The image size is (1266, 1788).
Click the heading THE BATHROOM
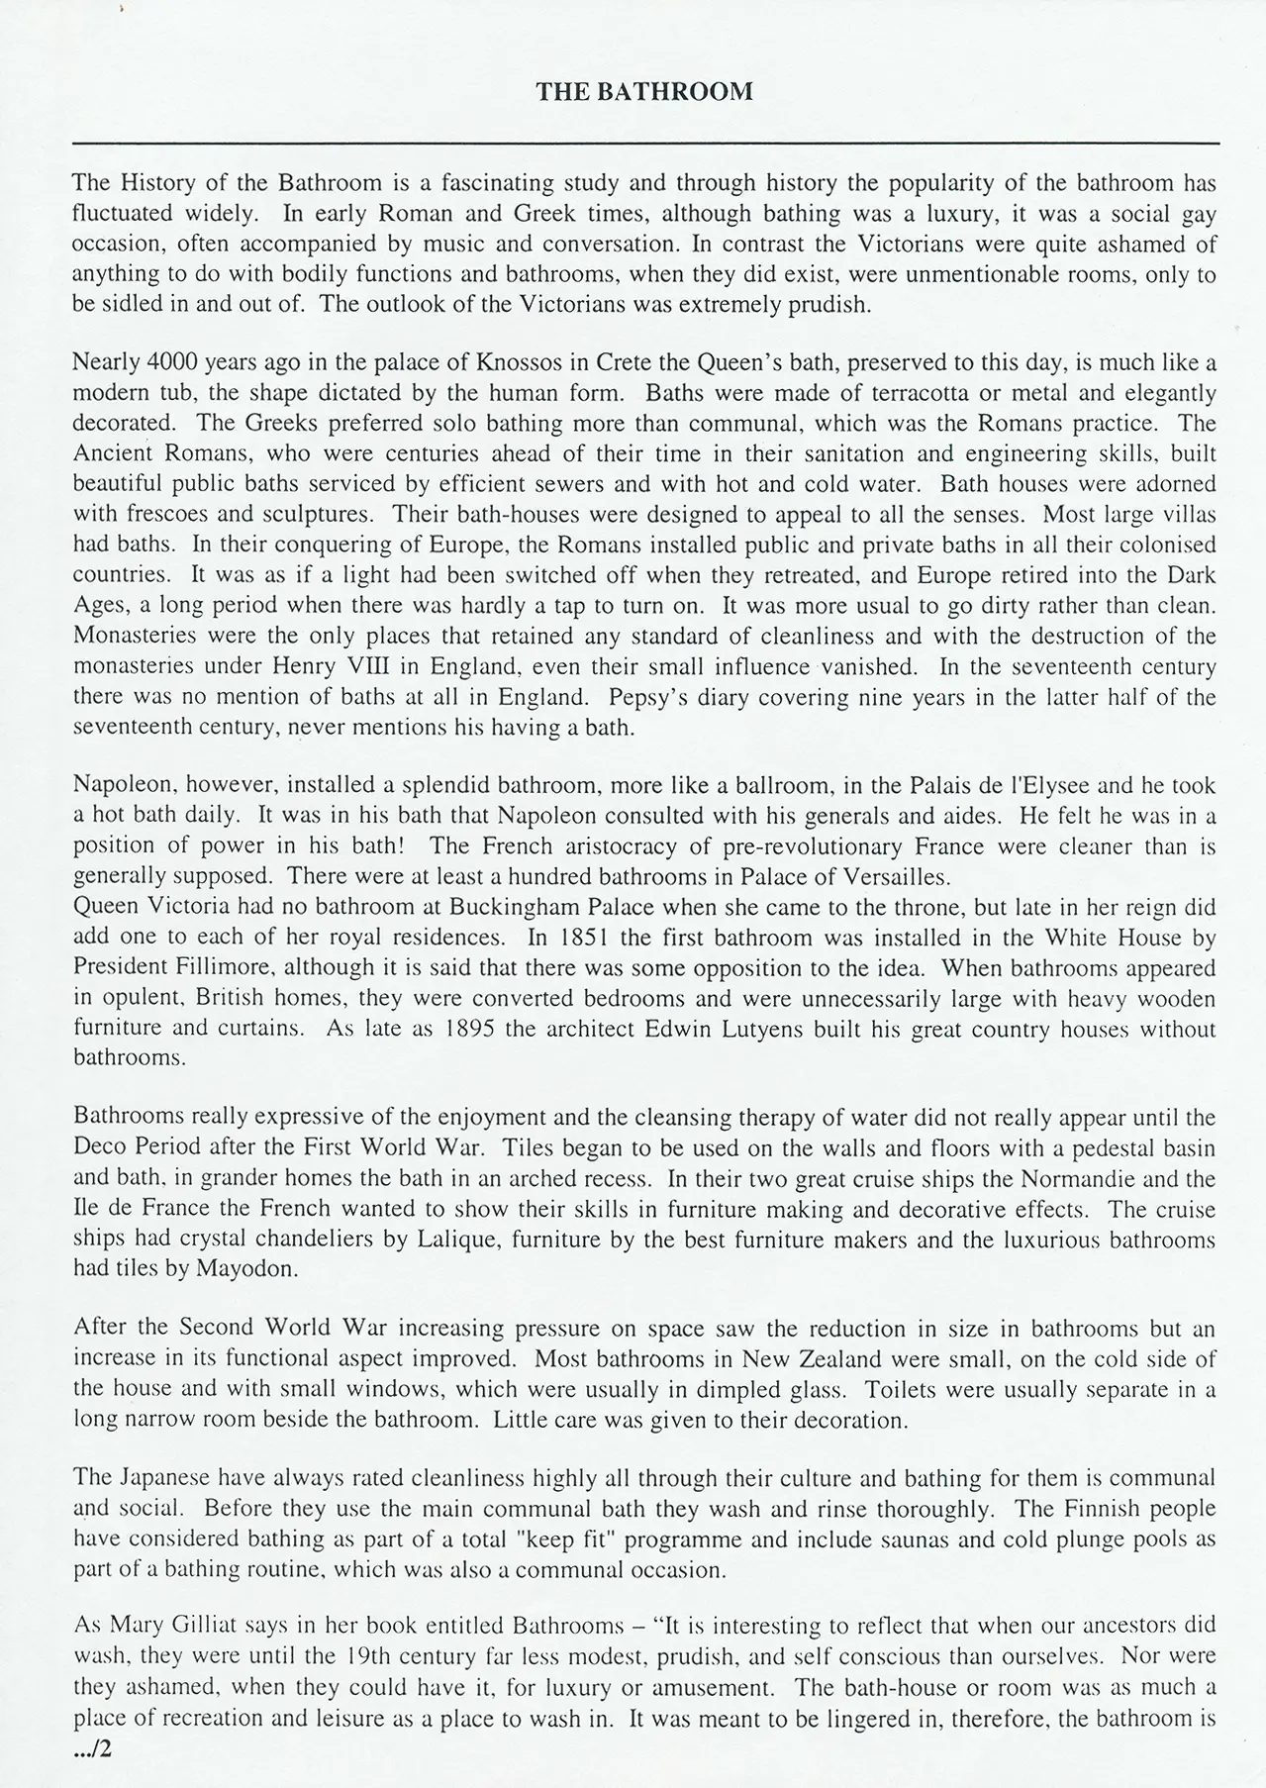click(644, 92)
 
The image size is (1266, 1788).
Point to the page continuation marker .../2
click(94, 1748)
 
